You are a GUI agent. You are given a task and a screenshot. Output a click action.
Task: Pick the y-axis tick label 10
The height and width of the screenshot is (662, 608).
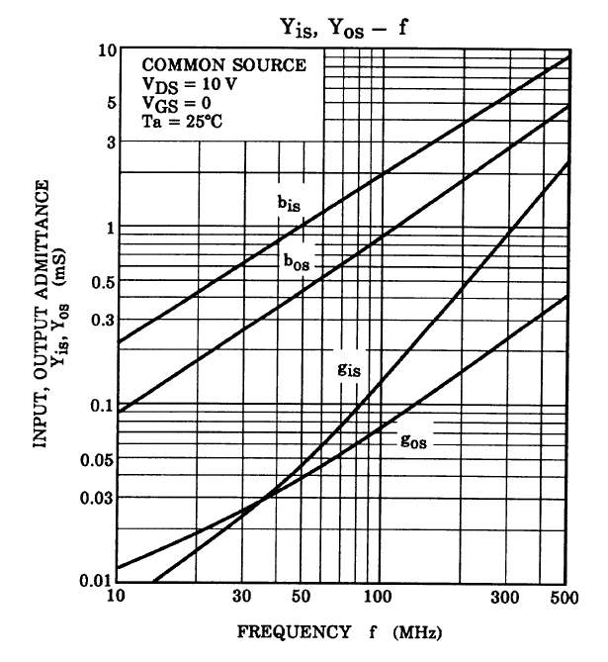pyautogui.click(x=96, y=50)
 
